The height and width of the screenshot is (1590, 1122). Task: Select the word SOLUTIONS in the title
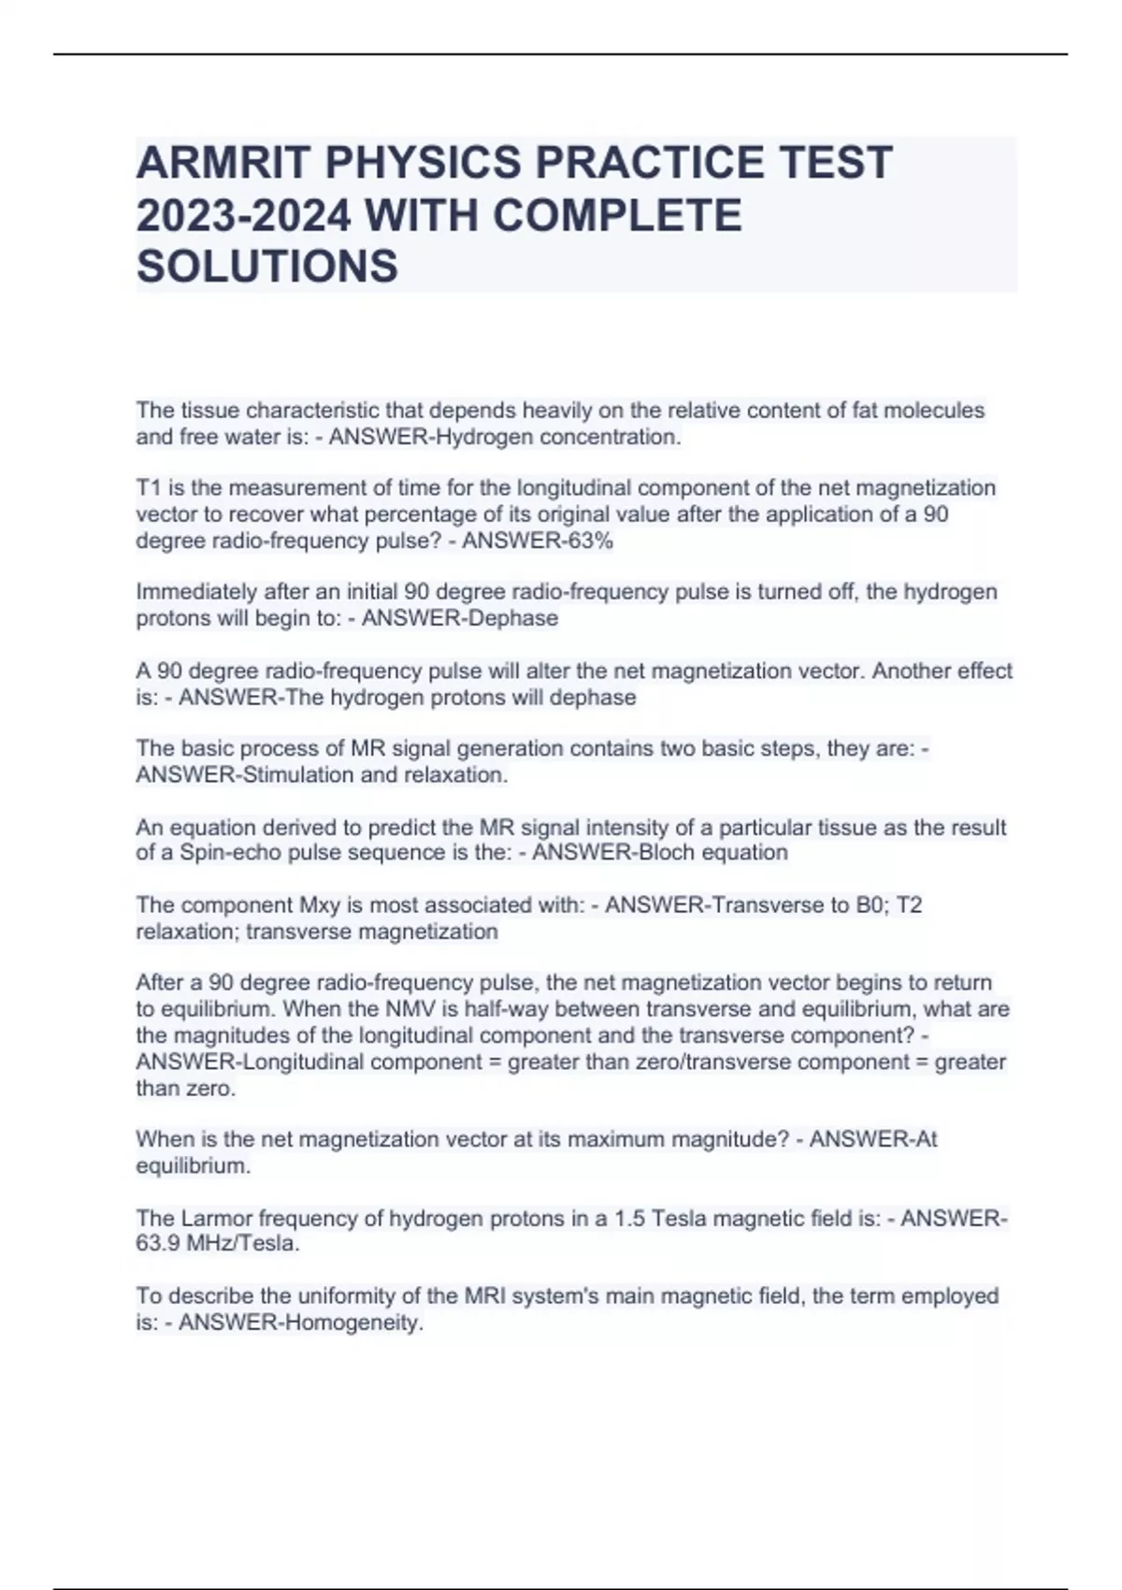[267, 267]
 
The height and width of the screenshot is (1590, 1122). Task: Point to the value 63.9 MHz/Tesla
[218, 1244]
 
